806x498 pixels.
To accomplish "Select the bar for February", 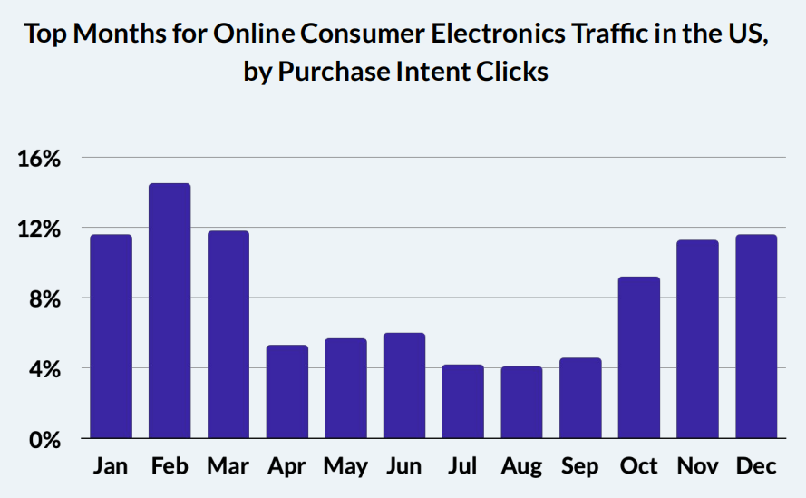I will (170, 311).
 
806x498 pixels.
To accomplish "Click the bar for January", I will (111, 337).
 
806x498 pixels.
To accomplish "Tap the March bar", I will (228, 335).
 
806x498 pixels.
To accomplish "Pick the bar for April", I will (286, 392).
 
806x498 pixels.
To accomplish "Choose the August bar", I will (521, 403).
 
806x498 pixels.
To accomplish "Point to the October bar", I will (639, 357).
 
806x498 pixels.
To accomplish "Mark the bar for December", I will (756, 337).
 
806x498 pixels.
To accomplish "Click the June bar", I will (404, 386).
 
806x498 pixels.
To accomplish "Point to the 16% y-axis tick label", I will (39, 159).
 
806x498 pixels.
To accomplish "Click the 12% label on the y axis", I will (39, 229).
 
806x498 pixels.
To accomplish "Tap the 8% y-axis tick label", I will (44, 298).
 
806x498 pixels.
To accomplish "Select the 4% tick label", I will (44, 369).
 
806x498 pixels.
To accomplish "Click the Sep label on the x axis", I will (580, 466).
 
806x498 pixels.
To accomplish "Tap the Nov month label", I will (697, 466).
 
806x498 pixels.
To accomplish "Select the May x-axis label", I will (345, 466).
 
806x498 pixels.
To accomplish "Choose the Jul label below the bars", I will (463, 466).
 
